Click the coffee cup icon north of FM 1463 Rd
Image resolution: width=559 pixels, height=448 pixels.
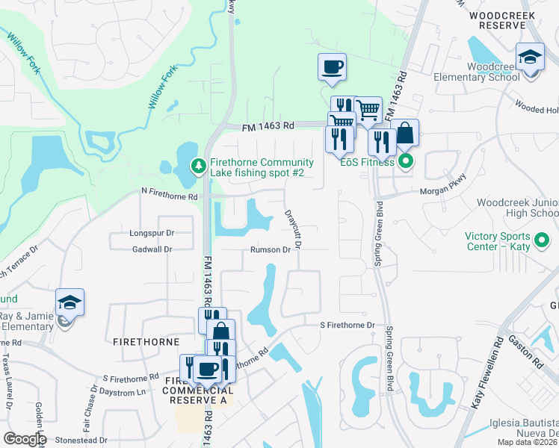[x=332, y=67]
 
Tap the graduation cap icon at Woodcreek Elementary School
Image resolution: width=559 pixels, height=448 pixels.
[x=530, y=57]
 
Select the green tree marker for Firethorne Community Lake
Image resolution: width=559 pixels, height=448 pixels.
[x=198, y=165]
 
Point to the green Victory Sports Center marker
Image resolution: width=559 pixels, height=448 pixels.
[x=543, y=240]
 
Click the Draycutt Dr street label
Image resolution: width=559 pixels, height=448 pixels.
[x=293, y=228]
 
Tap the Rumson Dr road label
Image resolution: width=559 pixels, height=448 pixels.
[x=270, y=250]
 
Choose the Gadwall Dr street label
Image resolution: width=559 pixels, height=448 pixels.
[x=151, y=249]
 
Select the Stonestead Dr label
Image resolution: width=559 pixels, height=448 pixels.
[x=81, y=441]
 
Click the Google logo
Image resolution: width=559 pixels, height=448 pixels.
[x=25, y=439]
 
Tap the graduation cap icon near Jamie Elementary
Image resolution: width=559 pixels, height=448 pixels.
[x=70, y=302]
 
